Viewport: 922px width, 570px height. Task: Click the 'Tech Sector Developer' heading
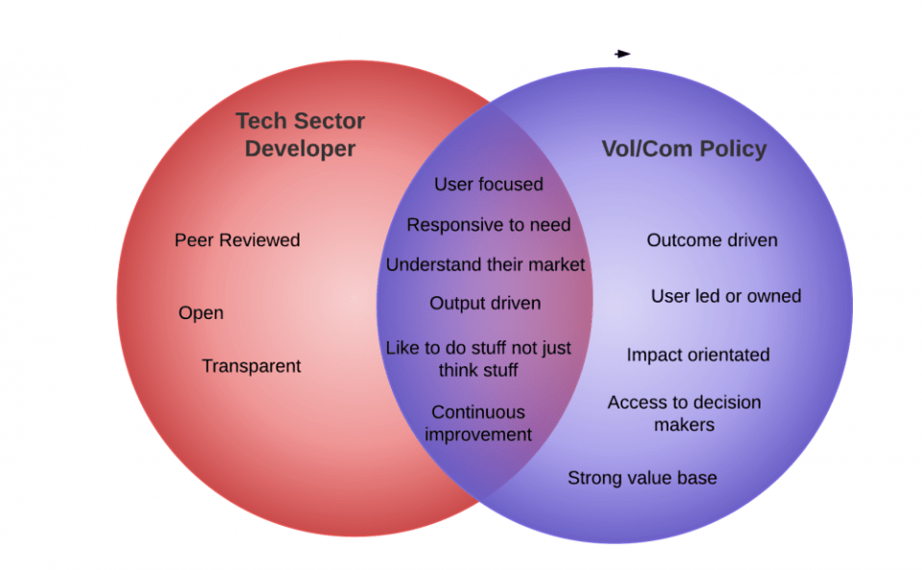(300, 135)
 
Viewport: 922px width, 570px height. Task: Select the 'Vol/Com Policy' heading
(684, 149)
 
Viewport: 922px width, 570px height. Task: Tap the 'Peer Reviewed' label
(237, 240)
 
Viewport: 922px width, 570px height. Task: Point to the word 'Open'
(201, 313)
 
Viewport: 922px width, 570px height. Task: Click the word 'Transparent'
(251, 366)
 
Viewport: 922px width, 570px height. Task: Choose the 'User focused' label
(488, 185)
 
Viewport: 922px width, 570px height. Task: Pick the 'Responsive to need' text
(488, 225)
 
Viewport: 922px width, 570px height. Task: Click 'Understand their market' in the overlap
(485, 265)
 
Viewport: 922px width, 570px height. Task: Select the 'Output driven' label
(485, 304)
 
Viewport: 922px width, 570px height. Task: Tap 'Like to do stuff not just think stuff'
(478, 359)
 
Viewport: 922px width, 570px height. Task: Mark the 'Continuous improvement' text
(478, 423)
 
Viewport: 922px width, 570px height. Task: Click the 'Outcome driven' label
(712, 240)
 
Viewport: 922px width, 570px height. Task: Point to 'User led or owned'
(725, 296)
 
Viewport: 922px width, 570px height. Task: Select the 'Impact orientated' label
(698, 355)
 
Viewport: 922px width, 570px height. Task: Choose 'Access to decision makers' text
(684, 413)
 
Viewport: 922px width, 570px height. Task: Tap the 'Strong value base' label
(642, 478)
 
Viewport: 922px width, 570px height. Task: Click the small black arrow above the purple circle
(623, 54)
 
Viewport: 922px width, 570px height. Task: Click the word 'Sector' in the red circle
(328, 122)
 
